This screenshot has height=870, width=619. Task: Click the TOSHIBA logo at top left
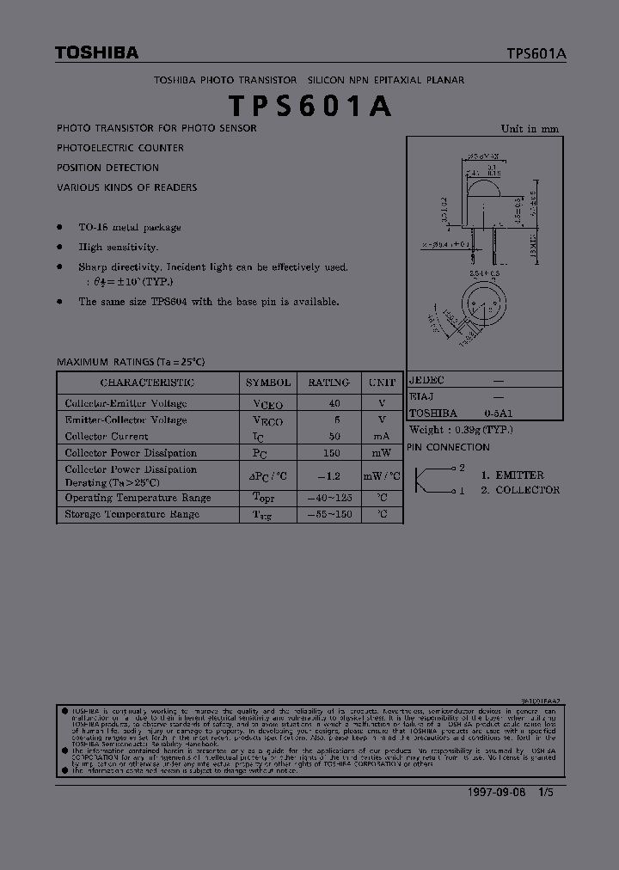coord(96,53)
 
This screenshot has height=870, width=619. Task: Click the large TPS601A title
coord(310,105)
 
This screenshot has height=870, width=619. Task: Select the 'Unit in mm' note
coord(530,129)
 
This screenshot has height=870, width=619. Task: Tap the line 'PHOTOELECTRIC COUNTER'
coord(120,148)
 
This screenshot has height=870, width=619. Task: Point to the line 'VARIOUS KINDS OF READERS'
coord(127,187)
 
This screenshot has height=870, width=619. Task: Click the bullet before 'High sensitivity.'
coord(59,247)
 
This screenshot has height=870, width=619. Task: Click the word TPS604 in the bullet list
coord(169,302)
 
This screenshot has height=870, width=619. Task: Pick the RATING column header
coord(328,383)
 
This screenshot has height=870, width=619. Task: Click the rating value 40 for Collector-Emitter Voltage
coord(334,403)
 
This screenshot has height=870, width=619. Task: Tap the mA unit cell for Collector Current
coord(382,437)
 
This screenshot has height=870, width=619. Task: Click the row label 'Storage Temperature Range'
coord(132,514)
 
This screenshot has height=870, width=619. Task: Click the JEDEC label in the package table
coord(426,379)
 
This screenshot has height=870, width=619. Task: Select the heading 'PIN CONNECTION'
coord(448,447)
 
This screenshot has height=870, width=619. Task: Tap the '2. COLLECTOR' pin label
coord(520,490)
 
